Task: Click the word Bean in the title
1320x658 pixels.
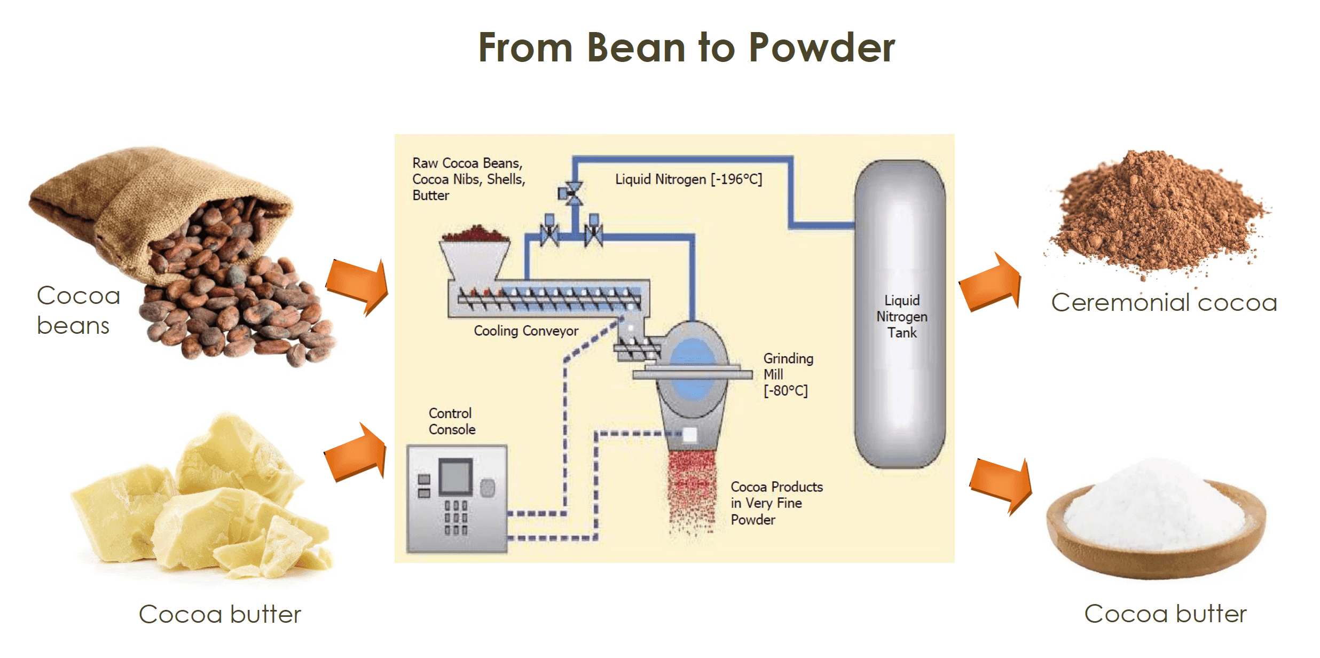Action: coord(635,48)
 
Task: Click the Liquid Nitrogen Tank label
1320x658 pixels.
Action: coord(901,316)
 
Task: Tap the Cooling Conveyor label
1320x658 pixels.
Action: coord(526,331)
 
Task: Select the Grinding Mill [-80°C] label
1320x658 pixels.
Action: coord(788,374)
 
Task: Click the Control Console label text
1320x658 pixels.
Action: coord(451,421)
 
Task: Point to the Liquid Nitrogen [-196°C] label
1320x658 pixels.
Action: coord(688,179)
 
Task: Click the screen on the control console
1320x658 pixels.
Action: coord(455,475)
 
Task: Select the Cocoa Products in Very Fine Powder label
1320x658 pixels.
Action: coord(776,503)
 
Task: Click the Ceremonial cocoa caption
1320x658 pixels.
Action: coord(1164,303)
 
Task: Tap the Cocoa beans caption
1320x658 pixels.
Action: coord(78,310)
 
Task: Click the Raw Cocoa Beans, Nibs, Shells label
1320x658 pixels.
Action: coord(468,179)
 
